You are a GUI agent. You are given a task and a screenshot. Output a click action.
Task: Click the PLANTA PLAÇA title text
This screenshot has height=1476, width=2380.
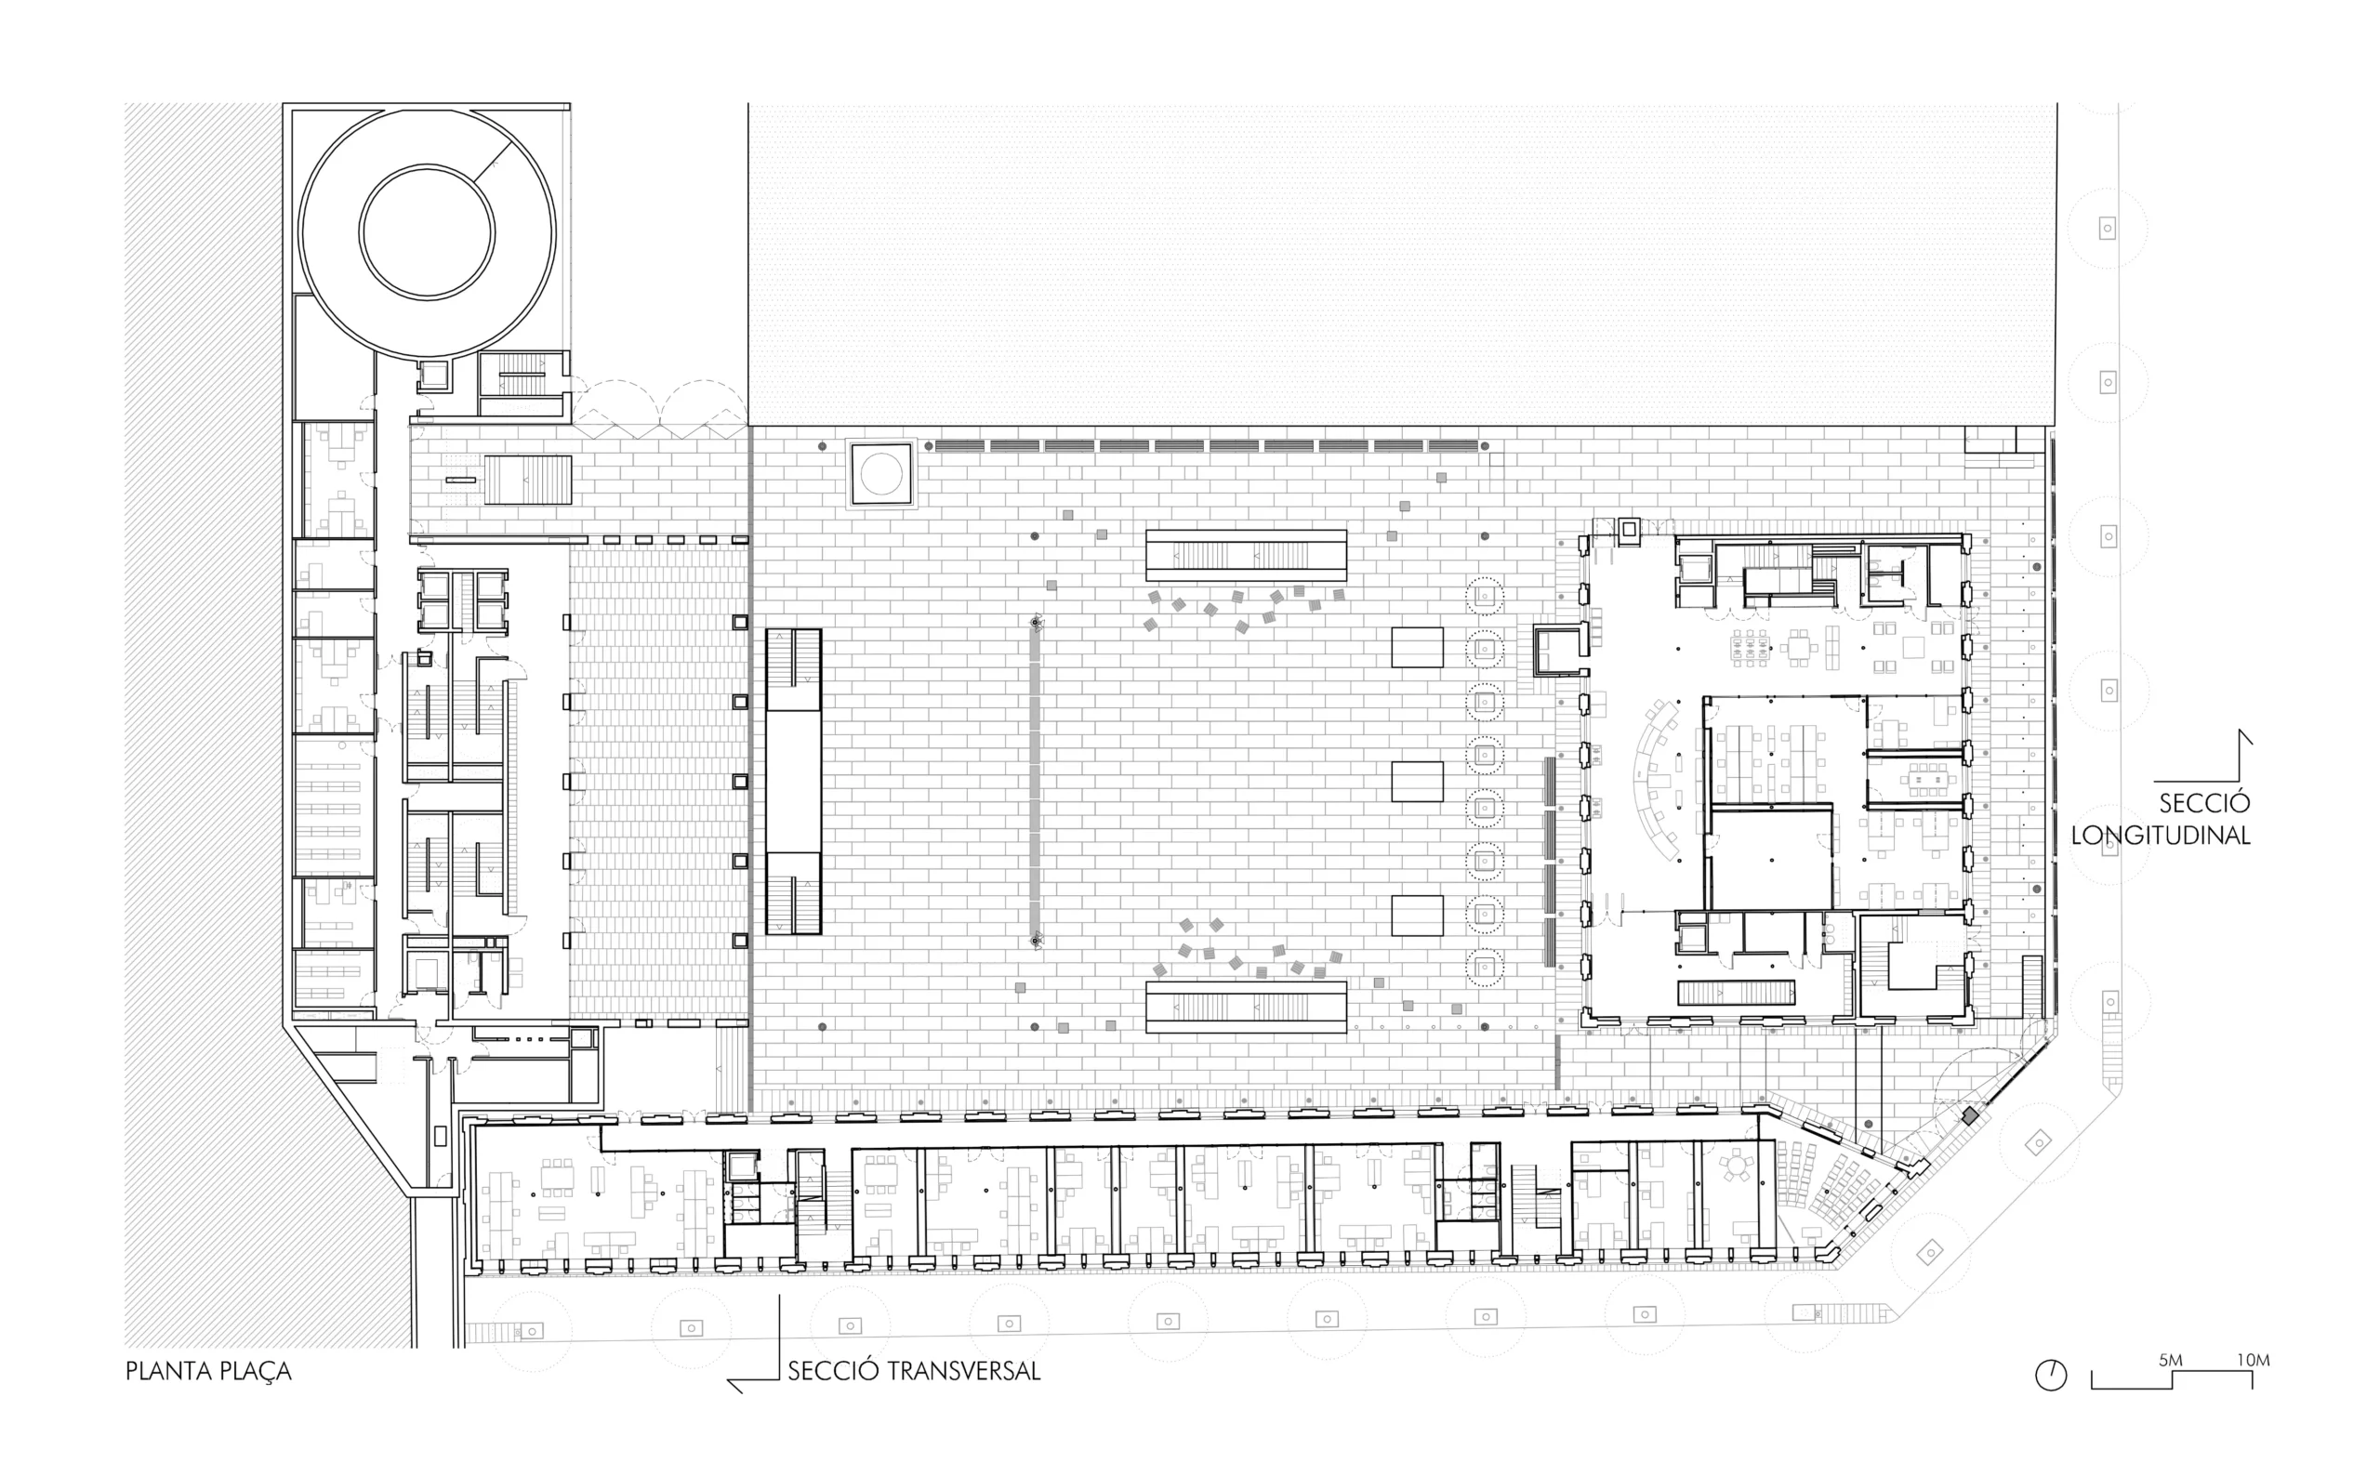point(209,1372)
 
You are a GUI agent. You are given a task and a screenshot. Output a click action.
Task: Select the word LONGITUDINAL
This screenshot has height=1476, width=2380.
point(2161,836)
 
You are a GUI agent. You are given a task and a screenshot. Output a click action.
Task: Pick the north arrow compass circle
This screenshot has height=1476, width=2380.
point(2051,1376)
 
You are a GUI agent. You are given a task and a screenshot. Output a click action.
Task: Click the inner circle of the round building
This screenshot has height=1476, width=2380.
point(427,231)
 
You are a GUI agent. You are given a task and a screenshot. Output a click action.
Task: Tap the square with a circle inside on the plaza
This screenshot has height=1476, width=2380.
point(881,474)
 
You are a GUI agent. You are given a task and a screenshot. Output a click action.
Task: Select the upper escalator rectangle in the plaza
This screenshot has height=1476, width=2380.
point(1246,556)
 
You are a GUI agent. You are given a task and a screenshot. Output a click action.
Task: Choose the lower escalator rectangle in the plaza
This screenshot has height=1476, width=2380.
point(1246,1007)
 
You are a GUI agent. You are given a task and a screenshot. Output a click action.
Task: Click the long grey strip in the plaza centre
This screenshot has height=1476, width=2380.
point(1035,781)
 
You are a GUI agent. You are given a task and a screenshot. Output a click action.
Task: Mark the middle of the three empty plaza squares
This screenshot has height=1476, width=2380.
point(1417,781)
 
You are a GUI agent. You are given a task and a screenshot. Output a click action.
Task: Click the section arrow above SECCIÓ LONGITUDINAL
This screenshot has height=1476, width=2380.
point(2243,742)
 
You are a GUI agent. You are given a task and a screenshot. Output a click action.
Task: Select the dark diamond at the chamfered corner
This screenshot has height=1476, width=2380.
point(1971,1115)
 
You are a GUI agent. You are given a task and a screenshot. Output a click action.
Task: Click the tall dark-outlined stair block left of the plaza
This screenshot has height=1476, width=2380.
point(794,781)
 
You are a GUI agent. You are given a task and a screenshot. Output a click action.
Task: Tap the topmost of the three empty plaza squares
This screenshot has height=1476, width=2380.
point(1417,647)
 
